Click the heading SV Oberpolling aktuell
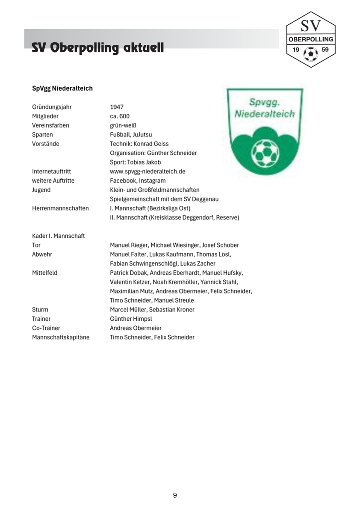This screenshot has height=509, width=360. (x=97, y=48)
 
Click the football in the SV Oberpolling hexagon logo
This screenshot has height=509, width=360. (x=311, y=53)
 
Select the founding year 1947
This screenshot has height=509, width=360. (x=117, y=107)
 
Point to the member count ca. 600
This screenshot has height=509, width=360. (x=120, y=116)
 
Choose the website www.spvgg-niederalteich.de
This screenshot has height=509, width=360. (x=148, y=172)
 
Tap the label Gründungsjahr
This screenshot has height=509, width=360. (x=52, y=107)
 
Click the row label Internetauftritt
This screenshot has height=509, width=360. (x=51, y=172)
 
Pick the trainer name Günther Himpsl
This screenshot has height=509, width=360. (x=131, y=319)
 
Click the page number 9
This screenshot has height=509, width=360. (x=175, y=495)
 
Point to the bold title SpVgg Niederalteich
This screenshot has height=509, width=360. (x=62, y=89)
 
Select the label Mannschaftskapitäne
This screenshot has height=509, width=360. (x=61, y=337)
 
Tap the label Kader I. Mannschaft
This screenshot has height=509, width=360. (x=59, y=236)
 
